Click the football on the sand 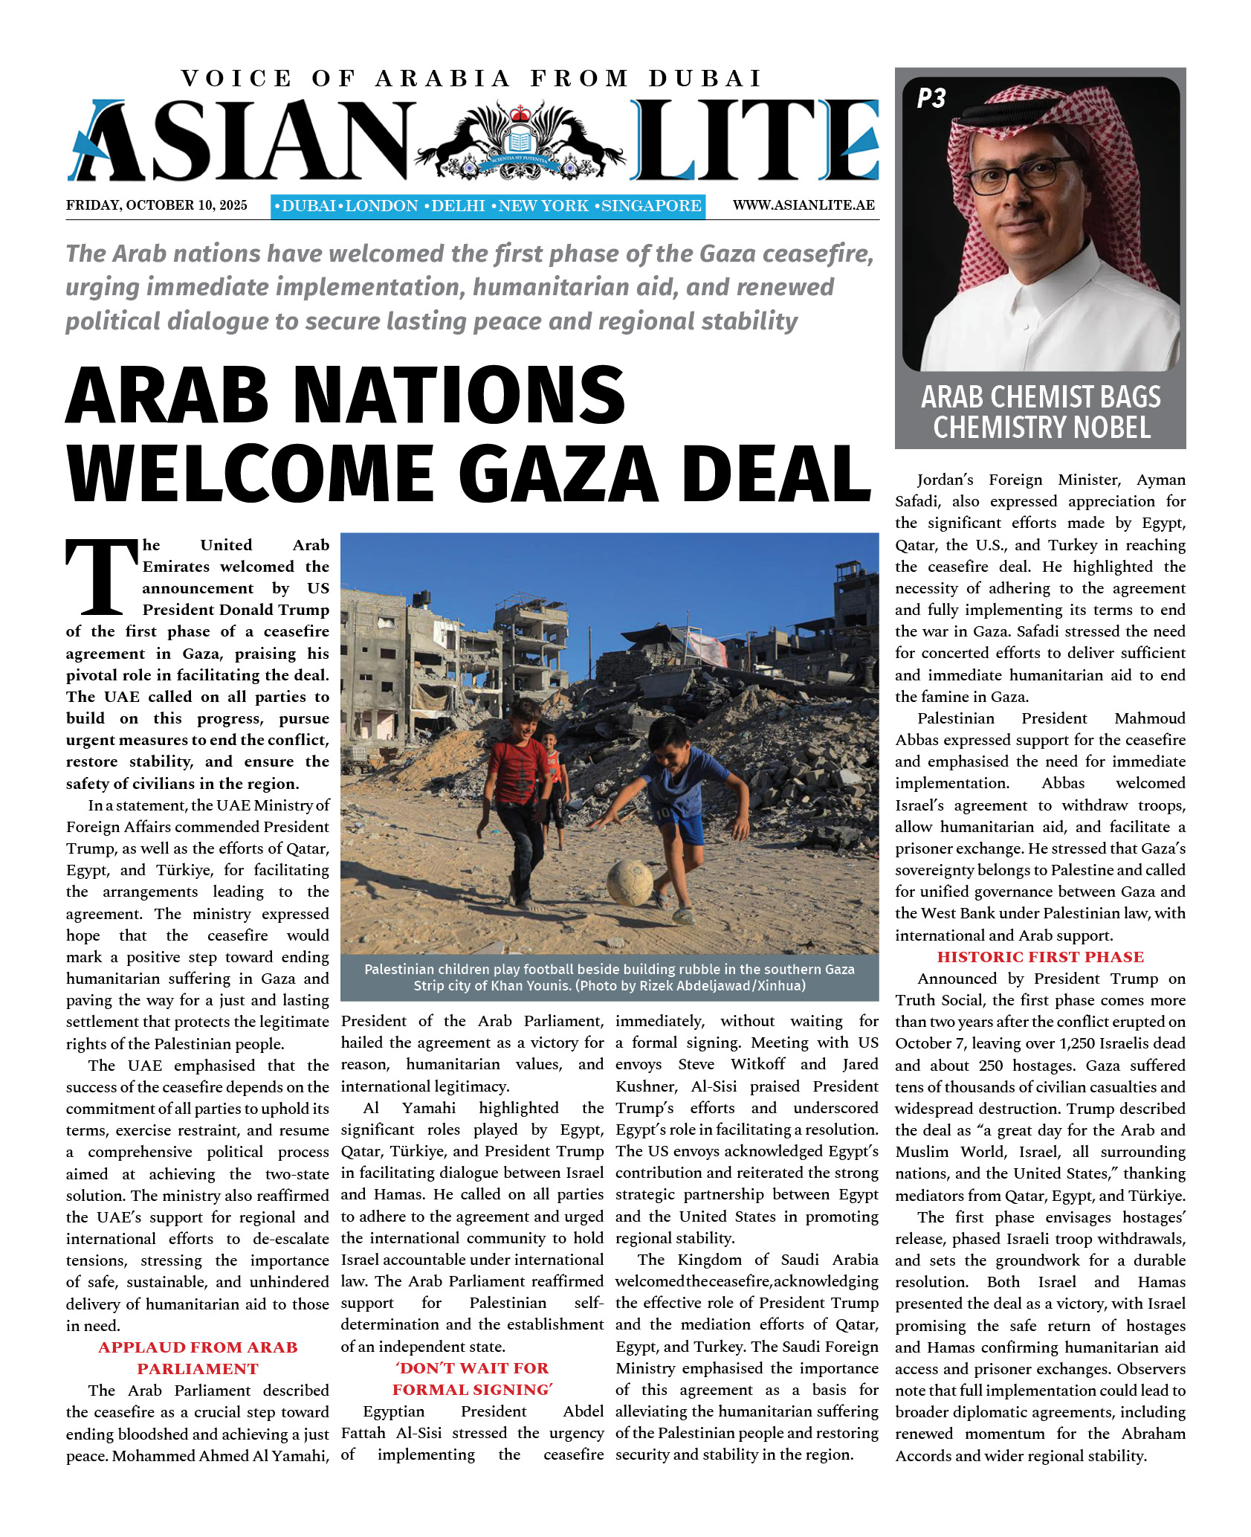pos(630,882)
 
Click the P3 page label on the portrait pos(931,98)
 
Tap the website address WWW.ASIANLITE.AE pos(804,205)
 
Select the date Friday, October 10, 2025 pos(157,205)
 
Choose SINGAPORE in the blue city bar pos(650,206)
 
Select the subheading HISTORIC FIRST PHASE pos(1040,957)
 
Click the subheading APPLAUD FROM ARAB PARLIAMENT pos(198,1358)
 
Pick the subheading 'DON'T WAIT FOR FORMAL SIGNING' pos(472,1379)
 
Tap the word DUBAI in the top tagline pos(705,79)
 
